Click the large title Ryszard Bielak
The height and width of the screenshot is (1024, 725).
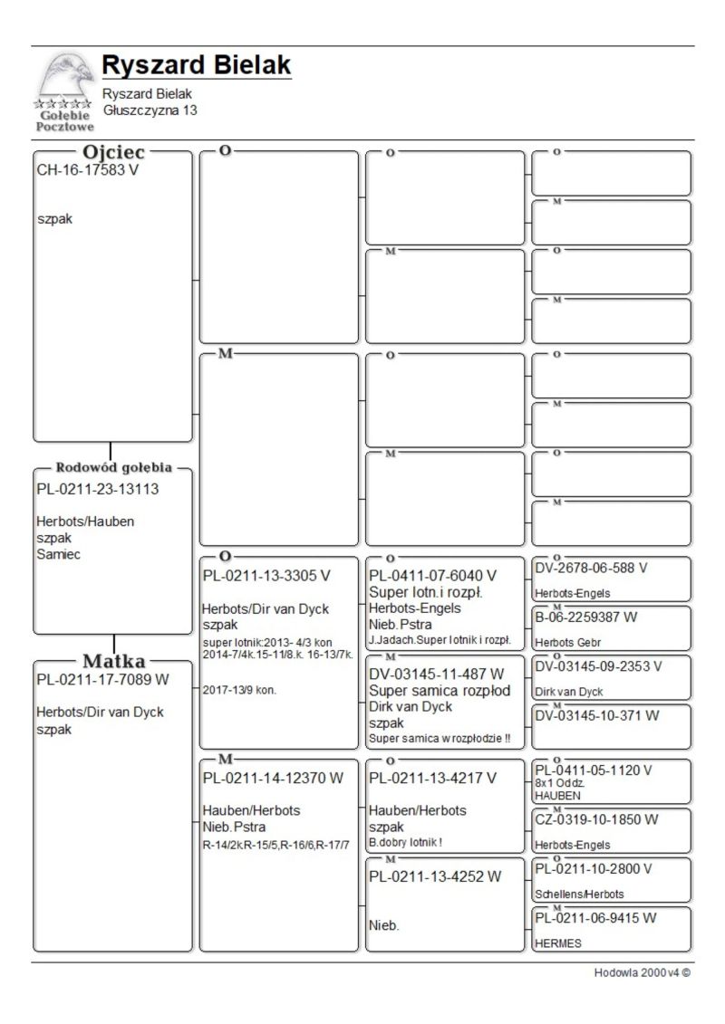(196, 65)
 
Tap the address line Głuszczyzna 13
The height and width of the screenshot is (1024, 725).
(150, 110)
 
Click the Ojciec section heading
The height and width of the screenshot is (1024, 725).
(114, 153)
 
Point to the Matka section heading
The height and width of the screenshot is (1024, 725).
(114, 661)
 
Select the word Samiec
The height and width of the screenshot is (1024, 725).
(58, 555)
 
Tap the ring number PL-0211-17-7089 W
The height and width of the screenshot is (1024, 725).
(102, 680)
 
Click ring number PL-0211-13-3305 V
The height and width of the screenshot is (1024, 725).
(266, 575)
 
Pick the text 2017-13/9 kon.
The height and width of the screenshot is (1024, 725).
(239, 690)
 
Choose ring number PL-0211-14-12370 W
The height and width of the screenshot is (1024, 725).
(273, 778)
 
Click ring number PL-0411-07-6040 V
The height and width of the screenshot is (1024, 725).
(432, 576)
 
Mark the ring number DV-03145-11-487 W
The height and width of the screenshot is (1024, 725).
(435, 675)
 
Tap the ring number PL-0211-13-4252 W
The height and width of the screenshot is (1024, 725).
(435, 876)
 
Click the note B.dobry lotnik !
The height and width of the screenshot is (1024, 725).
(405, 842)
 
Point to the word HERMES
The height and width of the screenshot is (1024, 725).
(557, 943)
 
